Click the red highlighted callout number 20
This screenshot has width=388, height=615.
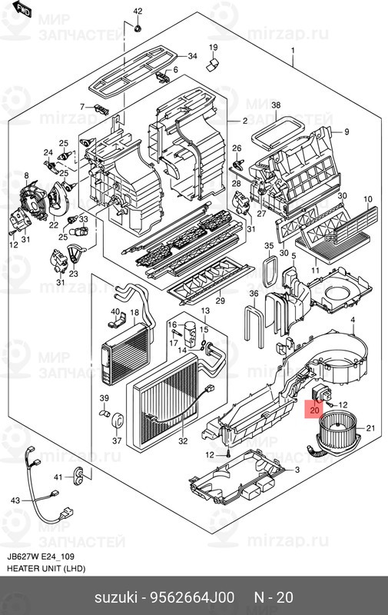[x=314, y=411]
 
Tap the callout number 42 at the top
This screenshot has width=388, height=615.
[x=138, y=11]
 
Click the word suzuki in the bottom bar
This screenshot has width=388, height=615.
[x=114, y=598]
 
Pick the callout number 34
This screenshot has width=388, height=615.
[x=192, y=57]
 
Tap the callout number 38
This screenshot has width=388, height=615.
[x=277, y=105]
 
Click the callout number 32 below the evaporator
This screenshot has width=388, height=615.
[x=182, y=441]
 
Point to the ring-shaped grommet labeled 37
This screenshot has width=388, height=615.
[x=118, y=421]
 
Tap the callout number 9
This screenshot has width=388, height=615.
[x=347, y=131]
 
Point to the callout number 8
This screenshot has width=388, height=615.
[x=26, y=177]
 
